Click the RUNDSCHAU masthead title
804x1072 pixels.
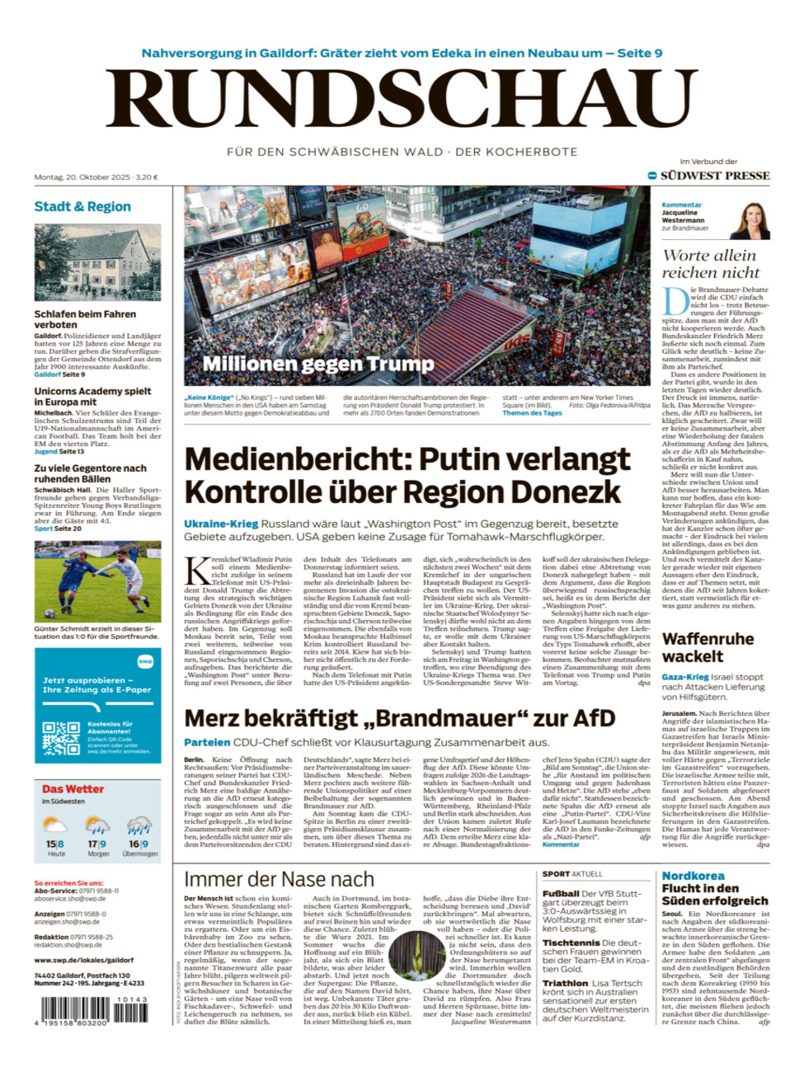point(402,100)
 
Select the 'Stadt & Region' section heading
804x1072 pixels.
point(82,206)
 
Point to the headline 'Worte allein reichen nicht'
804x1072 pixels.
point(710,264)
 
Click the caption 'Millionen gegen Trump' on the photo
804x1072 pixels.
point(317,364)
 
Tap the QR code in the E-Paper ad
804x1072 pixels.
point(61,738)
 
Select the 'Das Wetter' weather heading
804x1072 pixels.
point(73,789)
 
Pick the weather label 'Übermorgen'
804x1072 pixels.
point(139,853)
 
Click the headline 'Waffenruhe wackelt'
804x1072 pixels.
point(707,647)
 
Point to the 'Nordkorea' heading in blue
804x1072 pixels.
point(694,876)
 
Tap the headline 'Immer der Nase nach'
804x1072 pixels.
point(279,880)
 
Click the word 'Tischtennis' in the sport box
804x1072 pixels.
point(569,942)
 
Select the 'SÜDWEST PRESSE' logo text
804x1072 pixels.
point(714,176)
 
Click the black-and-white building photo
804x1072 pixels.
point(97,262)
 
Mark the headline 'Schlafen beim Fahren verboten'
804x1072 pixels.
point(85,319)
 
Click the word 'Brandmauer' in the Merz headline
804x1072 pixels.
point(460,718)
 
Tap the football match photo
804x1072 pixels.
point(97,581)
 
